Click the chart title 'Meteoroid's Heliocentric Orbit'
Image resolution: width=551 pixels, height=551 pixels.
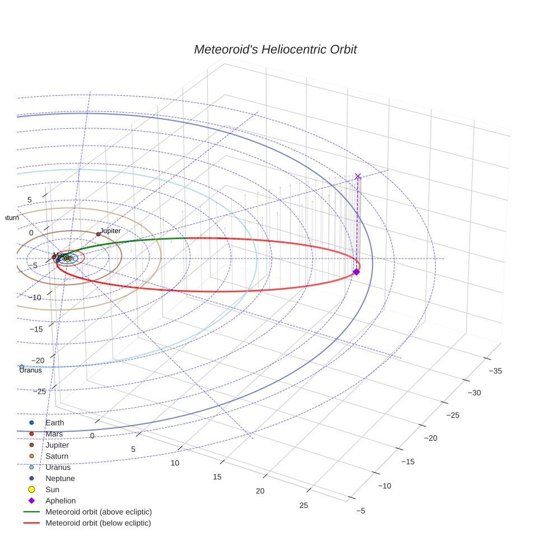pyautogui.click(x=275, y=50)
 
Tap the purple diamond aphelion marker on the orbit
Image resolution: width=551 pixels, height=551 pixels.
pyautogui.click(x=356, y=272)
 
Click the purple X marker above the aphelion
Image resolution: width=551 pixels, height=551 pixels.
pyautogui.click(x=358, y=176)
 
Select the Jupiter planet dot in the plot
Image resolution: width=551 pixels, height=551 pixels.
pyautogui.click(x=98, y=234)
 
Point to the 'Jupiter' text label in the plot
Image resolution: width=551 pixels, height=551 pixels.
pyautogui.click(x=110, y=231)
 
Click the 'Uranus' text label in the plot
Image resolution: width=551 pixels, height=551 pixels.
pyautogui.click(x=30, y=370)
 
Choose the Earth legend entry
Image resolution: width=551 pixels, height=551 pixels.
pyautogui.click(x=54, y=423)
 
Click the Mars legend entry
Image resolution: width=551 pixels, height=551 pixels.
pyautogui.click(x=54, y=434)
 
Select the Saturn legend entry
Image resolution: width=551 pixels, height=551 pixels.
pyautogui.click(x=57, y=456)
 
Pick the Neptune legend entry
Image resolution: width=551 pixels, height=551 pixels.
pyautogui.click(x=60, y=479)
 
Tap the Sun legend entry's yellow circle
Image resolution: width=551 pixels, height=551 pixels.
pyautogui.click(x=31, y=489)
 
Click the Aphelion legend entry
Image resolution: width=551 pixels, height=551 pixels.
pyautogui.click(x=60, y=501)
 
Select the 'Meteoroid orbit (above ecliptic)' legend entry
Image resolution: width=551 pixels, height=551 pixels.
pyautogui.click(x=98, y=512)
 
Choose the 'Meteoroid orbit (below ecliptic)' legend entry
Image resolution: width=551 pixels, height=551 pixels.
pyautogui.click(x=98, y=523)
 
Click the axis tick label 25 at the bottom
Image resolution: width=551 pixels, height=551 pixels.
pyautogui.click(x=303, y=506)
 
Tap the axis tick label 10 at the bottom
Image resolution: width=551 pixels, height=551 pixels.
pyautogui.click(x=175, y=463)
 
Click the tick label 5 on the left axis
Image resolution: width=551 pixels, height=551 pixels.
pyautogui.click(x=30, y=200)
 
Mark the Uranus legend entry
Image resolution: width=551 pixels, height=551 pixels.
pyautogui.click(x=58, y=468)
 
